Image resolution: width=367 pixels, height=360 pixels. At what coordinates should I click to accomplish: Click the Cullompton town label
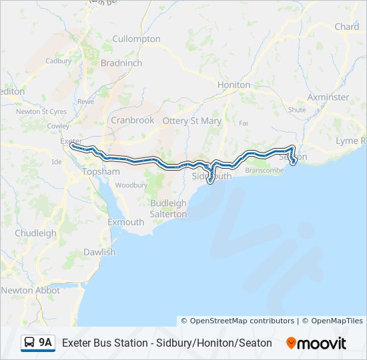[136, 39]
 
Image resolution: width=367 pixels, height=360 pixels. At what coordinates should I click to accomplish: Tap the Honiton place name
[234, 85]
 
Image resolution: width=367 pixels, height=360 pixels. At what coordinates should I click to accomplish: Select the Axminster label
[328, 97]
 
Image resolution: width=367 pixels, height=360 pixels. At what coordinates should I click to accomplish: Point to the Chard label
[346, 27]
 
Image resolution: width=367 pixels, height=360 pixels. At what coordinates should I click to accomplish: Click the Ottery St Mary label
[192, 121]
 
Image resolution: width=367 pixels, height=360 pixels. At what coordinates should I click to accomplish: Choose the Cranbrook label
[132, 120]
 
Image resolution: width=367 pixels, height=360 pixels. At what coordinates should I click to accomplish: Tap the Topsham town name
[101, 171]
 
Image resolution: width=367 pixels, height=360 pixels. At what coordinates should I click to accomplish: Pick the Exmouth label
[125, 222]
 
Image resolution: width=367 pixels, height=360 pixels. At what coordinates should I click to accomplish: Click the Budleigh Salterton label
[168, 208]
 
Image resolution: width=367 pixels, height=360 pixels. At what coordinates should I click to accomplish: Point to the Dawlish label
[99, 252]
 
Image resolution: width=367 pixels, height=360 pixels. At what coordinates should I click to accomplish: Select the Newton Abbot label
[30, 290]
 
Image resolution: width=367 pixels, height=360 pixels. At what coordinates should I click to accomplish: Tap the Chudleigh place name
[35, 233]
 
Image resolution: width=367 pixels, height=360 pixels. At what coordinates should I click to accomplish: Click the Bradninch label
[121, 63]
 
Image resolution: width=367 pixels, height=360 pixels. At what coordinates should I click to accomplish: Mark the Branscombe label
[264, 171]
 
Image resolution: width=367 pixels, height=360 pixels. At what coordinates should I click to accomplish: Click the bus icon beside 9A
[29, 343]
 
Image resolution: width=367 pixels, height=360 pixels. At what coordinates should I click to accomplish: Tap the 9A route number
[45, 343]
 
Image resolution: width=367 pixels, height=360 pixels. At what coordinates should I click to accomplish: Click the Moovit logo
[316, 343]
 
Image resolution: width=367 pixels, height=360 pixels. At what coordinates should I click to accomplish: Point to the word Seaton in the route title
[255, 343]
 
